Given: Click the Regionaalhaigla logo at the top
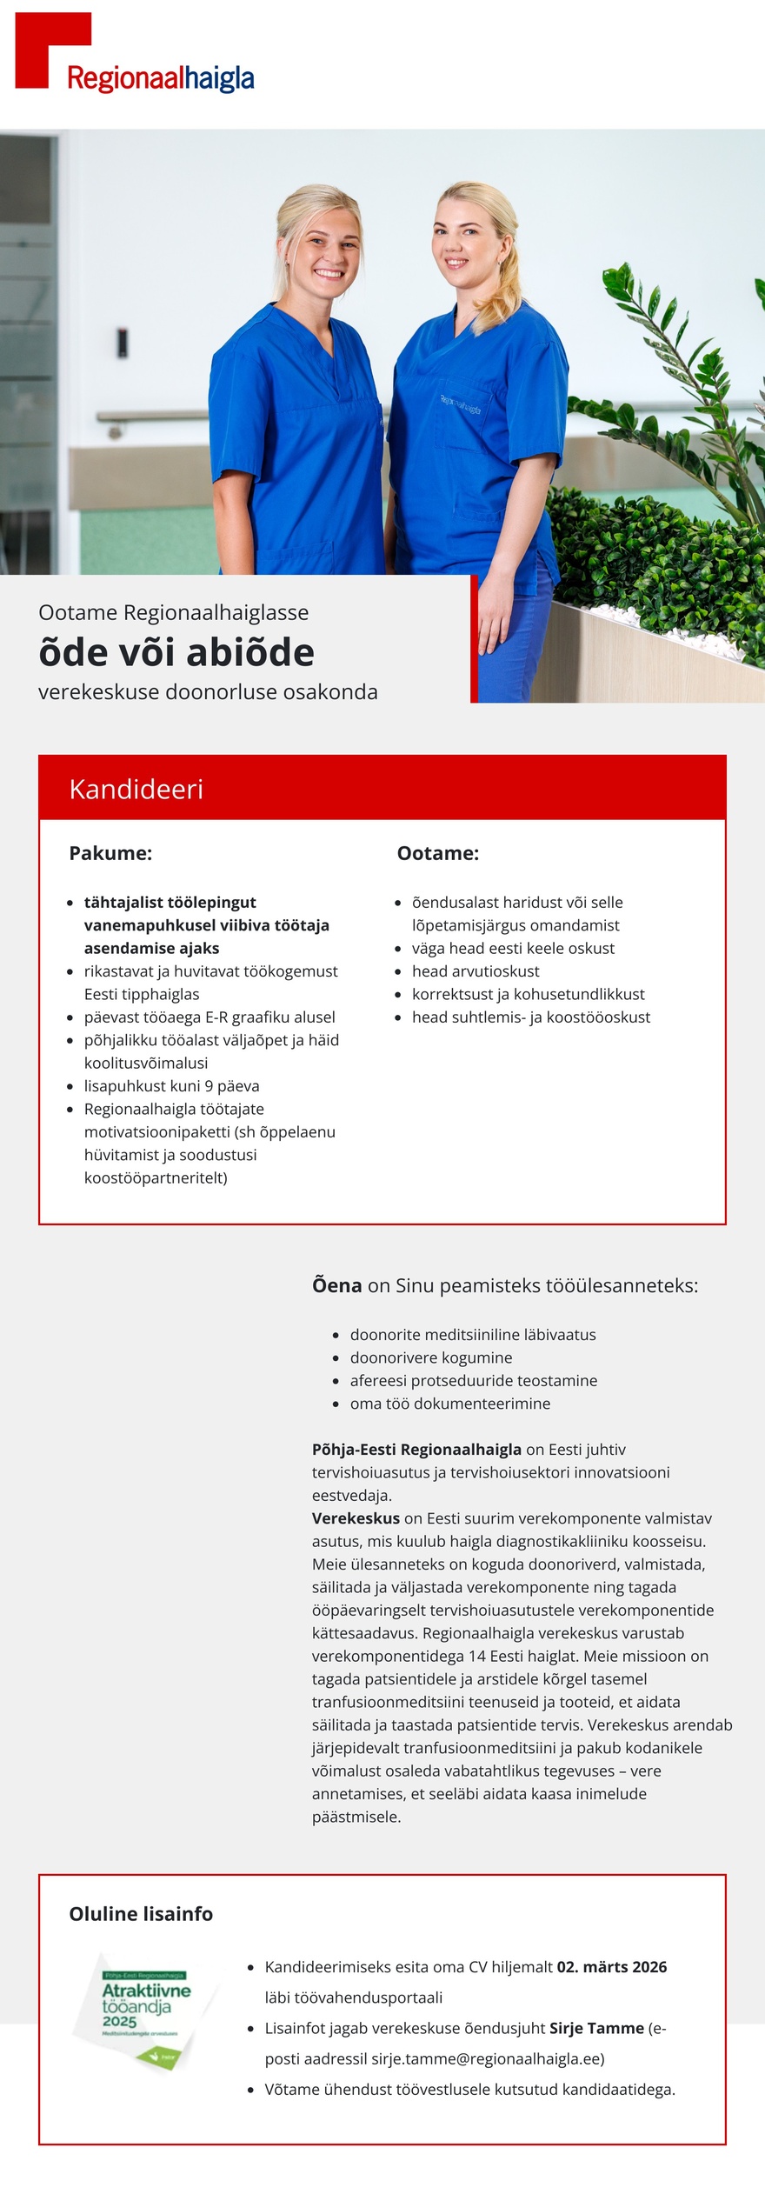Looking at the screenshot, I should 135,55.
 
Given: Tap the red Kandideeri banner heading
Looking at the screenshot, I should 136,789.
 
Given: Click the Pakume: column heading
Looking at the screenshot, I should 110,853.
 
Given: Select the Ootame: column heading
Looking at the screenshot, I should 437,853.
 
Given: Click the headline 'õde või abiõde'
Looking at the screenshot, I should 176,652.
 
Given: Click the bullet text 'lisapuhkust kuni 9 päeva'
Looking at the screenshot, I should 171,1086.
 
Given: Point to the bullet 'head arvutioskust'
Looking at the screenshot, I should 475,971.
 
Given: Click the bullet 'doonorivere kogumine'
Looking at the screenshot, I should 430,1357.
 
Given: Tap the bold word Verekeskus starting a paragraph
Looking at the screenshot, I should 356,1518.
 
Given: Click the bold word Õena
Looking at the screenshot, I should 336,1285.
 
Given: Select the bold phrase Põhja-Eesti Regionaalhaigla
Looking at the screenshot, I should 416,1450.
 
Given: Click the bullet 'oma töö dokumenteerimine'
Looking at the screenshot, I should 449,1404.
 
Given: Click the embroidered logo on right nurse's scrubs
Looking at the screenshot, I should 460,404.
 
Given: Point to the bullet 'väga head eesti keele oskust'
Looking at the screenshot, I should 513,948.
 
